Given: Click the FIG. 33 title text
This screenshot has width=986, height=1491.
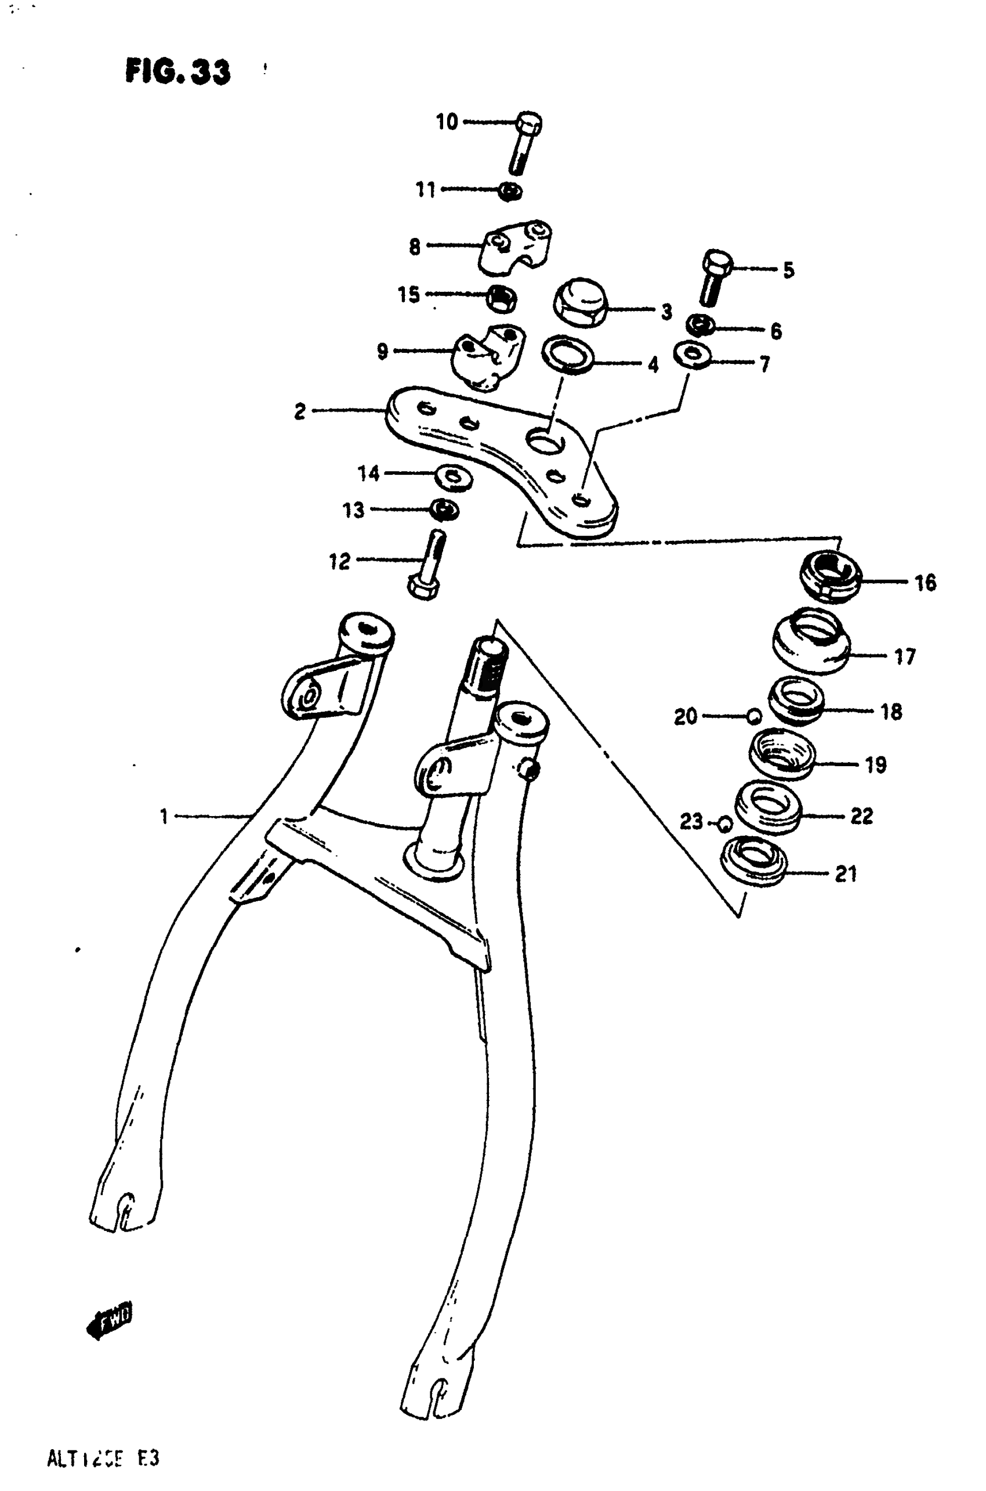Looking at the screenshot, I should [x=178, y=71].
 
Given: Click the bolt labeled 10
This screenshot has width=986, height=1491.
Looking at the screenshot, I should [x=526, y=142].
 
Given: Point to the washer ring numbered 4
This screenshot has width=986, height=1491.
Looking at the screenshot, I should [x=568, y=354].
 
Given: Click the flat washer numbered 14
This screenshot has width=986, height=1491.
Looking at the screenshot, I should [x=454, y=476].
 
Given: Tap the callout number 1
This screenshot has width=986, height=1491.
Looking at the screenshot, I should [x=164, y=817].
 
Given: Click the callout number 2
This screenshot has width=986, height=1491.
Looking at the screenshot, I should [x=300, y=411].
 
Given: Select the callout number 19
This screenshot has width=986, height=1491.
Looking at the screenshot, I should [x=876, y=765].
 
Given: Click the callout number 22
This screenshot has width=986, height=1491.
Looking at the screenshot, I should [x=861, y=816].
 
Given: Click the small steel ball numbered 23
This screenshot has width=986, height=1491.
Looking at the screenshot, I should [x=724, y=823].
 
